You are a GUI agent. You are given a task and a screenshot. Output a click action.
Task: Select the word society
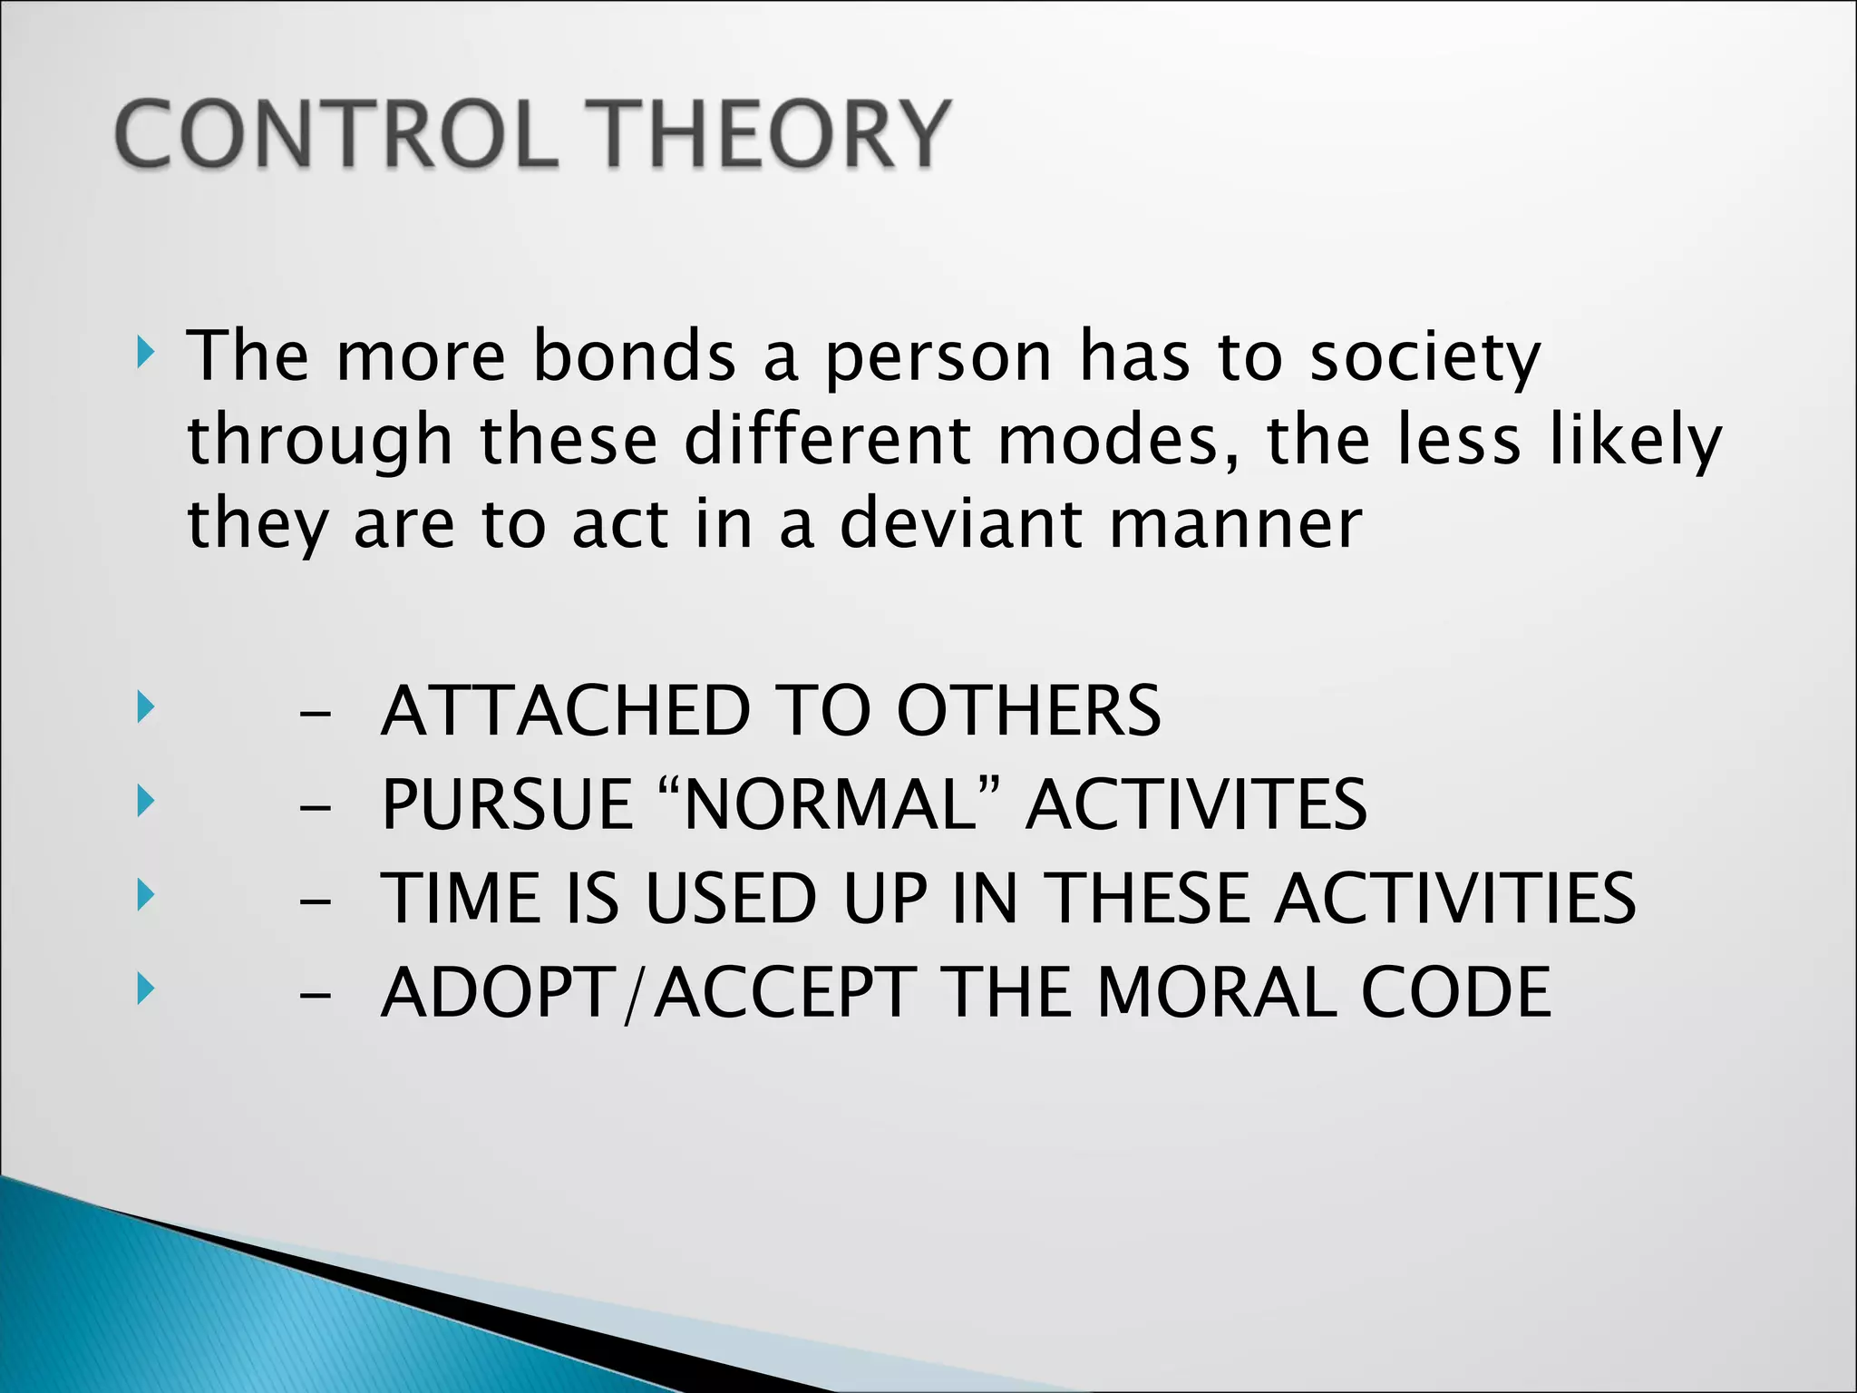[1424, 359]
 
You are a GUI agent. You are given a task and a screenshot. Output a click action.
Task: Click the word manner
[1235, 526]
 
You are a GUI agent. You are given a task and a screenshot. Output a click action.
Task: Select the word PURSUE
[507, 804]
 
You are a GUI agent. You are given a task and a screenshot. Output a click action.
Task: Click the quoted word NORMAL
[830, 804]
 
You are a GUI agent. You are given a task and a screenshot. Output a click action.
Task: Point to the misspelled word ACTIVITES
[1196, 804]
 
